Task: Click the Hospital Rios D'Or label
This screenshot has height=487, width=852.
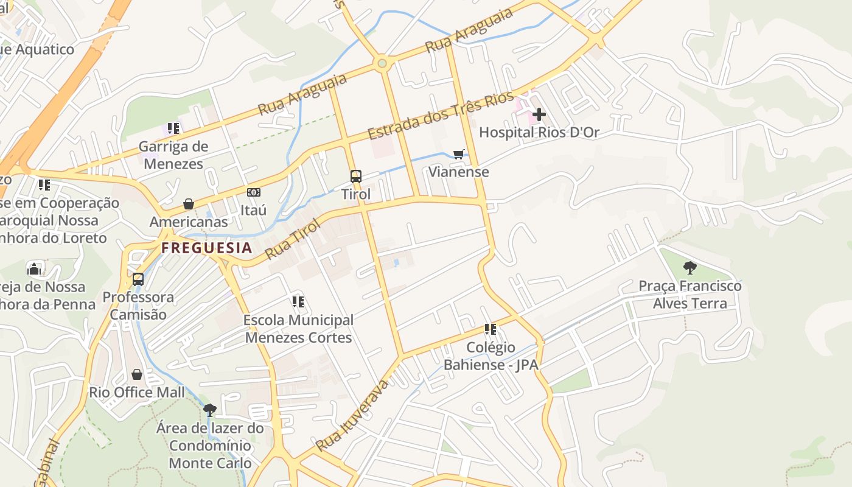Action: pos(539,132)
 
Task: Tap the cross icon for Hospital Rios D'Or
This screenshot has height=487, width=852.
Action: pos(539,114)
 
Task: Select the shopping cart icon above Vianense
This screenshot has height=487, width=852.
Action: pos(459,154)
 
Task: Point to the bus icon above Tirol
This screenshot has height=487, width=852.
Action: pos(356,177)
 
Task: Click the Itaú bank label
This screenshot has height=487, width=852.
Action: pos(253,210)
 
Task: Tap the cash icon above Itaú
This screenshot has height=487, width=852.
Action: pos(254,192)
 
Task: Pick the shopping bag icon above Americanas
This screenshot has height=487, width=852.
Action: pos(189,204)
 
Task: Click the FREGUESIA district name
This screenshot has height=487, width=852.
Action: pos(206,248)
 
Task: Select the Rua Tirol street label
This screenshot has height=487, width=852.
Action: pos(293,238)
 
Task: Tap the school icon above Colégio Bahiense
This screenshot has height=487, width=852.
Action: pos(491,329)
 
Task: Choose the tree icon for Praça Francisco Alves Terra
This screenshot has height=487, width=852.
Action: pos(690,267)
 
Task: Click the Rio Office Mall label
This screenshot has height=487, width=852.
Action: pos(137,392)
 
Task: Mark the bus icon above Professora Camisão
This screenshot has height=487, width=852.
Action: pos(138,279)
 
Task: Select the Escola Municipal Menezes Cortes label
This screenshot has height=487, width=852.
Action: pos(298,329)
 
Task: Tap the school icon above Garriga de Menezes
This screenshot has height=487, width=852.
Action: pos(173,128)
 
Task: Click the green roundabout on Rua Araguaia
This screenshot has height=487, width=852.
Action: pos(382,63)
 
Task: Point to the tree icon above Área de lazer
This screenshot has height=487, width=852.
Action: pos(210,410)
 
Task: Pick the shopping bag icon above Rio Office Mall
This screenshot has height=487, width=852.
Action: pos(137,374)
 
